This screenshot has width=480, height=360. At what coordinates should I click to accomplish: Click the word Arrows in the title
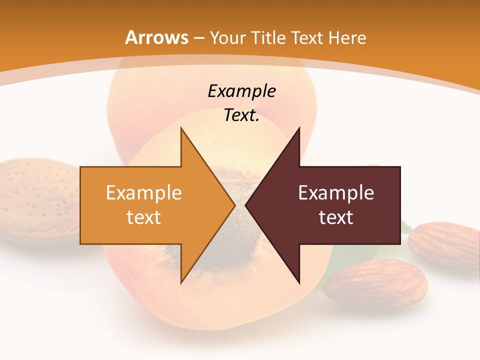tap(156, 38)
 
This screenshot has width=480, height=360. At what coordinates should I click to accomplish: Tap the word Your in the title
tap(227, 38)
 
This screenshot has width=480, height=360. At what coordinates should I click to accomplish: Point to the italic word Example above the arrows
tap(241, 91)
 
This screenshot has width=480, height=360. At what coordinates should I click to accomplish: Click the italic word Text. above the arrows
tap(241, 115)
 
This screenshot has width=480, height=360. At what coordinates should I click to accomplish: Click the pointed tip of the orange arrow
tap(233, 205)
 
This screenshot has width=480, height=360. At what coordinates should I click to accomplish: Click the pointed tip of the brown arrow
tap(247, 205)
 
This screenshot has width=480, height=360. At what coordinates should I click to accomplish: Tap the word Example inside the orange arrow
tap(144, 193)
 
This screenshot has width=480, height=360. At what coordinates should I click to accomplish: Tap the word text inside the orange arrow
tap(144, 217)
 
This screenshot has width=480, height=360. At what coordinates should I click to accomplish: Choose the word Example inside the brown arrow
tap(336, 193)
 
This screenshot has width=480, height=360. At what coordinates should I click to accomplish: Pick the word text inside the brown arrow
tap(336, 217)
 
